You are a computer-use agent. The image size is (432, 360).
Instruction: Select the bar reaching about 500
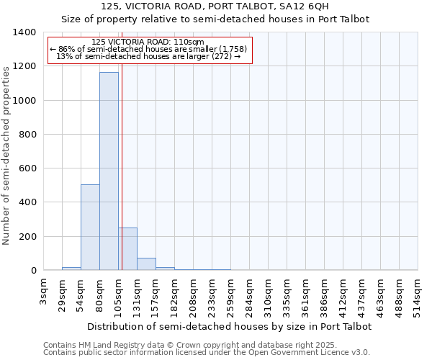pyautogui.click(x=90, y=228)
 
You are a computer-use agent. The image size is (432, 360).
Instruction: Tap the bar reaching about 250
pyautogui.click(x=127, y=249)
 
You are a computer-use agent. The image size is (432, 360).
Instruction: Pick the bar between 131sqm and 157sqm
pyautogui.click(x=146, y=264)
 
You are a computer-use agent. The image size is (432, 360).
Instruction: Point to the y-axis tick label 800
pyautogui.click(x=27, y=135)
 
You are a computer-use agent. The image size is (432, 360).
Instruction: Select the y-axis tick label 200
pyautogui.click(x=27, y=236)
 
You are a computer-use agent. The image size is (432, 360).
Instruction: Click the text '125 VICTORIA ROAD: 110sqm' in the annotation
pyautogui.click(x=149, y=42)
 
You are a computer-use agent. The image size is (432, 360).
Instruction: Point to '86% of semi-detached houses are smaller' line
pyautogui.click(x=149, y=49)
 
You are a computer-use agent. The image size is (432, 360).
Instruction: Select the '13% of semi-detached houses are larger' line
pyautogui.click(x=149, y=56)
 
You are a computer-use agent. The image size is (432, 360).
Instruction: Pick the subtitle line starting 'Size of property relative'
pyautogui.click(x=215, y=19)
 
